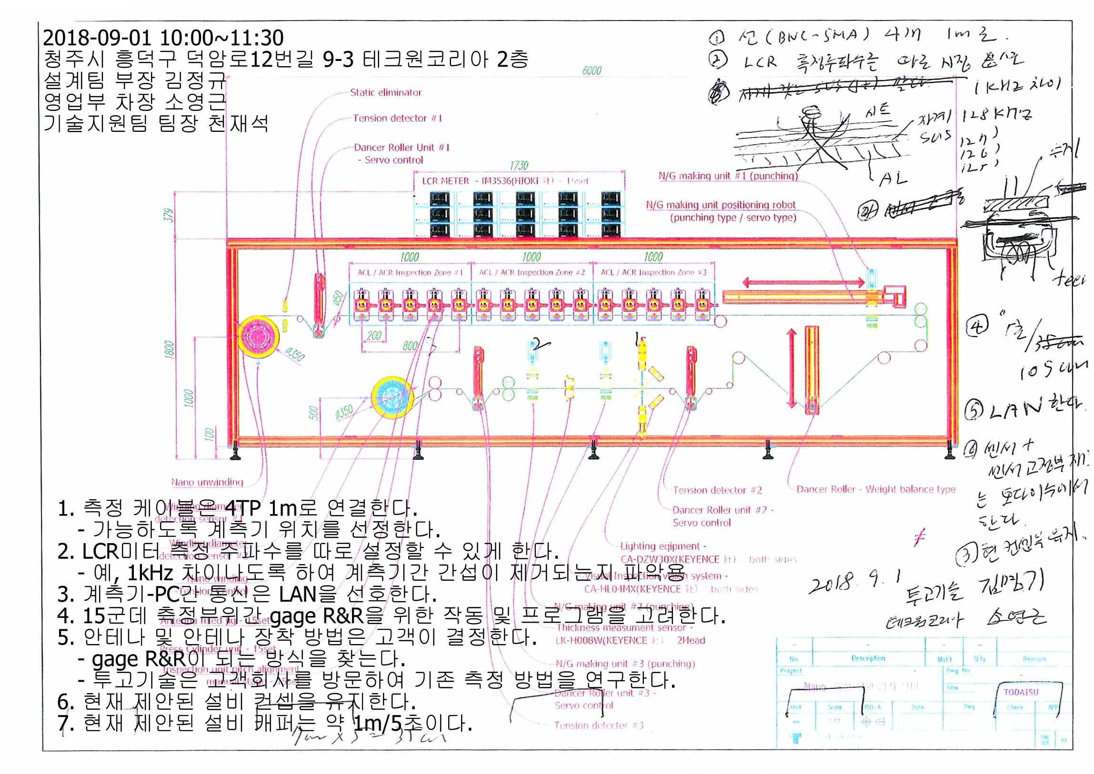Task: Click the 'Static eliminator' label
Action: [386, 92]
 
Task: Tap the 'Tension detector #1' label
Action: [397, 118]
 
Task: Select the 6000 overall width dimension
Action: [592, 70]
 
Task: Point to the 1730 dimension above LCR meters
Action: [519, 165]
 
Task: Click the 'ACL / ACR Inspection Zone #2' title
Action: [532, 273]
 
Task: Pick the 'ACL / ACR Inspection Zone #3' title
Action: [653, 273]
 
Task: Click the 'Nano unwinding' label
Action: [207, 482]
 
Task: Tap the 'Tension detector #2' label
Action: [717, 490]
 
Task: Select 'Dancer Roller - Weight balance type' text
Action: [876, 489]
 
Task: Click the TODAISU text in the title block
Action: [1021, 692]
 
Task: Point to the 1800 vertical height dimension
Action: [169, 350]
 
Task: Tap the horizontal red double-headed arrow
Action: [803, 283]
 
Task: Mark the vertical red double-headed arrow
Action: [792, 368]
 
